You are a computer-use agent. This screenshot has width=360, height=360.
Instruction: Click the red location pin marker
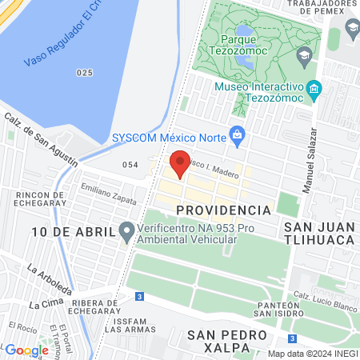pyautogui.click(x=181, y=163)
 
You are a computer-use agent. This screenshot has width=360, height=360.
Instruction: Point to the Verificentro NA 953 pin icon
pyautogui.click(x=126, y=232)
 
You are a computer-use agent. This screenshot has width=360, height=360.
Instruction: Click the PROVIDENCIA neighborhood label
pyautogui.click(x=223, y=210)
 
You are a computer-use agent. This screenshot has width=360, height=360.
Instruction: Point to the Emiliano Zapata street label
pyautogui.click(x=108, y=190)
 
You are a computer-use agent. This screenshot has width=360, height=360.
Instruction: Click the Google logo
pyautogui.click(x=26, y=350)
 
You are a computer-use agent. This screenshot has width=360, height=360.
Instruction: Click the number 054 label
pyautogui.click(x=131, y=164)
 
